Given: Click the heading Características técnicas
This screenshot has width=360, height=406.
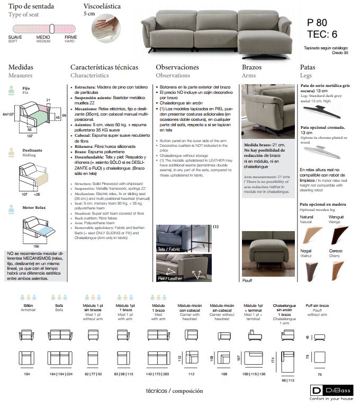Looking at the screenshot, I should pos(104,67).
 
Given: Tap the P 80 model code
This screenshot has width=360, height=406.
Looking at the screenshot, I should pos(317,23).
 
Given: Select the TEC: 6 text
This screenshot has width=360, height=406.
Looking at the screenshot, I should pos(322,35).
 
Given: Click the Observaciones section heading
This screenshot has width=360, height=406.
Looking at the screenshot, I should pos(177,67).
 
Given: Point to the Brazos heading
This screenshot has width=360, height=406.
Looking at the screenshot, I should pos(251,67).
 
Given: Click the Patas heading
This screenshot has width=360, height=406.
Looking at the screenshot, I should pos(308,67).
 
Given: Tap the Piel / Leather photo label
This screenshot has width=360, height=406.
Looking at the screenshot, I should pos(171,277).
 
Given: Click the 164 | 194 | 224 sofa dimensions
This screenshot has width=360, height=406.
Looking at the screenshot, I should pos(59,374).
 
